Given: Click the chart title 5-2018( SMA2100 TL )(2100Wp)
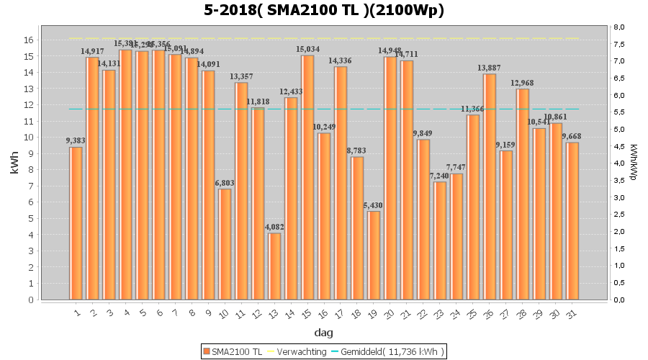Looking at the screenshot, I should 323,10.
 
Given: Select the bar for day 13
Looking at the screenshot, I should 274,266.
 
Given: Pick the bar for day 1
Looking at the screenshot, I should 76,223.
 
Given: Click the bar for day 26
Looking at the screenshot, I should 490,186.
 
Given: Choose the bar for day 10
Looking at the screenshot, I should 225,244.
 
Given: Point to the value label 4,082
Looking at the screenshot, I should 274,227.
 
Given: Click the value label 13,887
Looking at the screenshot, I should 490,68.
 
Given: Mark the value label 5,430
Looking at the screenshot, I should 374,205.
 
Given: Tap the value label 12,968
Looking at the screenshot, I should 523,83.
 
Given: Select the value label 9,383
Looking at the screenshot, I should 76,141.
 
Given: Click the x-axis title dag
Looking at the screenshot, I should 323,333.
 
